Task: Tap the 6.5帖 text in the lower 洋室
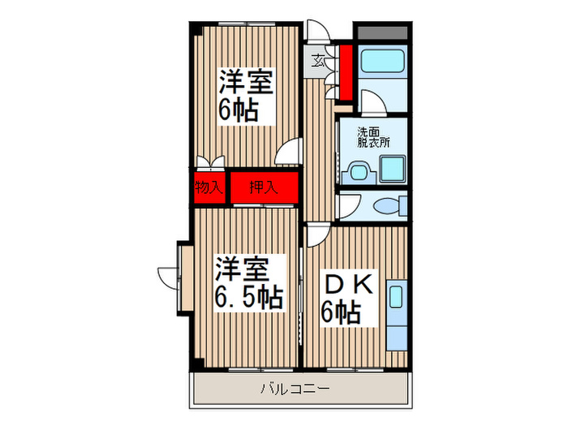click(x=249, y=297)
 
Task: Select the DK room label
click(x=348, y=286)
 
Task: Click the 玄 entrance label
click(x=320, y=59)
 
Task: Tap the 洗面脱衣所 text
click(x=373, y=136)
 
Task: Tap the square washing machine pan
click(x=391, y=170)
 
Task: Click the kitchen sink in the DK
click(x=397, y=295)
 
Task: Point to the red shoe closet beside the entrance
click(x=345, y=71)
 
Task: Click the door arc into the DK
click(x=316, y=235)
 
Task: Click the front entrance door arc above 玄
click(x=320, y=37)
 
